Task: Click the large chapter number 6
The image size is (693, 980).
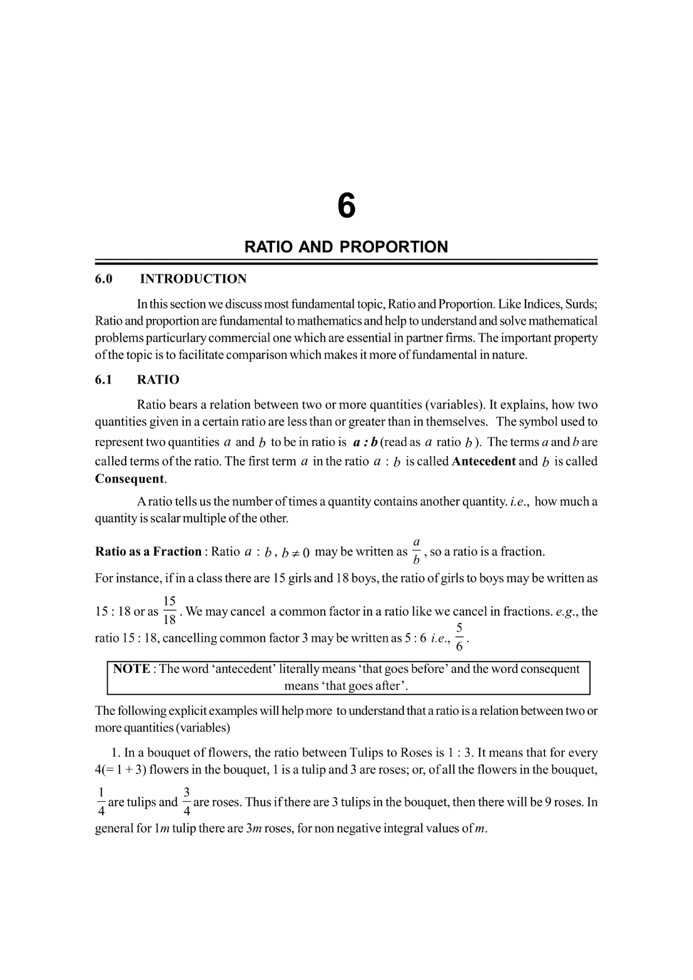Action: point(346,207)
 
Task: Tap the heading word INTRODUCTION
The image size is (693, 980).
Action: point(193,279)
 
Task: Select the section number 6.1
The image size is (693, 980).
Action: point(103,380)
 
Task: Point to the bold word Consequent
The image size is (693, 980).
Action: point(130,479)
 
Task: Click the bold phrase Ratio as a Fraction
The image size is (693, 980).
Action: point(149,552)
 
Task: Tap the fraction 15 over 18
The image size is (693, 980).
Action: point(170,610)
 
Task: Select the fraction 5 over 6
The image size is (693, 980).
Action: point(459,637)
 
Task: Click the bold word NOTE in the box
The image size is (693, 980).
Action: point(131,669)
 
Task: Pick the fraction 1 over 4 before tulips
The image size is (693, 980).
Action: point(101,802)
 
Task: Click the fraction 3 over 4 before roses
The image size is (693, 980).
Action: point(187,802)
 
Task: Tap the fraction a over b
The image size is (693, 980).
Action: point(416,551)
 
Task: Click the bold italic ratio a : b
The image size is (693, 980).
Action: point(365,442)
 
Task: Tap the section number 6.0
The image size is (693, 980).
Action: point(103,279)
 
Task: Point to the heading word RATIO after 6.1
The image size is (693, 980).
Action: point(158,380)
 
